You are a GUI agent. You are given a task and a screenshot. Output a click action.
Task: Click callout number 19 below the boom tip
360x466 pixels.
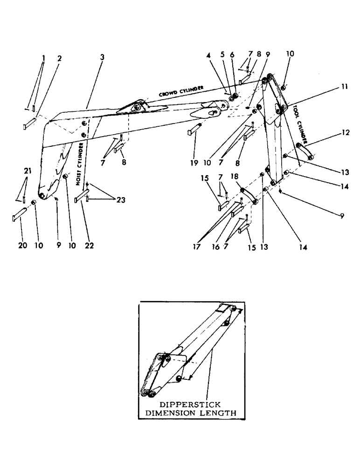click(193, 163)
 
